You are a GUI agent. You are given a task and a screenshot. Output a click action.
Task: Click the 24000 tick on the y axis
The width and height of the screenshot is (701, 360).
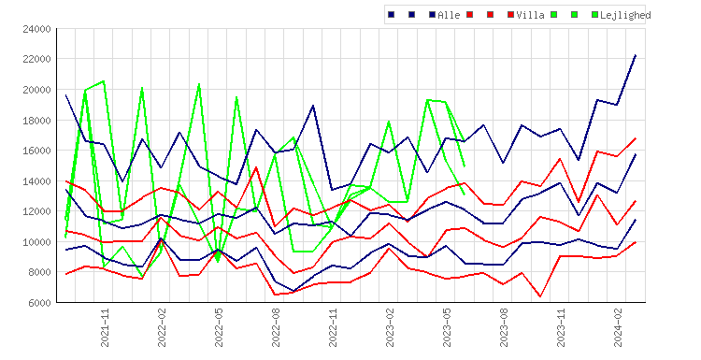(x=36, y=29)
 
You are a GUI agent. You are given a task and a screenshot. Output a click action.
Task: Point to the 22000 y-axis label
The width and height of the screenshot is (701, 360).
(x=36, y=60)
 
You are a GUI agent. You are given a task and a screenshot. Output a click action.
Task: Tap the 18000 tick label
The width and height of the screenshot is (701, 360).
(x=36, y=121)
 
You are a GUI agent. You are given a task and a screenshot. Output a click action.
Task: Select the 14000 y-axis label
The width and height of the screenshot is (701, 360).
(x=36, y=181)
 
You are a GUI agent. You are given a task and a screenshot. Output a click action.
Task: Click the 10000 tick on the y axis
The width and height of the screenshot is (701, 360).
(x=36, y=242)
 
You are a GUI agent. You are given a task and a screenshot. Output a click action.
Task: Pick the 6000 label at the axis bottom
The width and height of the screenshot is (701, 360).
(x=39, y=303)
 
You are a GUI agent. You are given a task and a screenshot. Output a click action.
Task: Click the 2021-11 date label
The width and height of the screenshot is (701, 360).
(x=105, y=328)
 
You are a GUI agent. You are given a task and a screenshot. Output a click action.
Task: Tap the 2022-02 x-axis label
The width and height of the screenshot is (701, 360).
(x=162, y=328)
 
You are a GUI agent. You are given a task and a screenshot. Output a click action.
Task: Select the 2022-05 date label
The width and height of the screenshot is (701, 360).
(x=219, y=328)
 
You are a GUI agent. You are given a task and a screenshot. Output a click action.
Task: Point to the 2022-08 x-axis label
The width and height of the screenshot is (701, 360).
(x=276, y=328)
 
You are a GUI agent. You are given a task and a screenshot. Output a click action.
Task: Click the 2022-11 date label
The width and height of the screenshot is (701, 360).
(x=333, y=328)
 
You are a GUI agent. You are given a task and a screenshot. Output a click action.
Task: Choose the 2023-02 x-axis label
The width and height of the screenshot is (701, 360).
(x=390, y=328)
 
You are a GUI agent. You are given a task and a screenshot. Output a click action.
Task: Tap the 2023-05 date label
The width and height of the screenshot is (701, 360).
(x=447, y=328)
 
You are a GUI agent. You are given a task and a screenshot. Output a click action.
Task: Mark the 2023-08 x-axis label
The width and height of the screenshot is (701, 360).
(x=504, y=328)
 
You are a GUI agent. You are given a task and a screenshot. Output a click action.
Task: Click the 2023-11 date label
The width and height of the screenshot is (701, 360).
(x=561, y=328)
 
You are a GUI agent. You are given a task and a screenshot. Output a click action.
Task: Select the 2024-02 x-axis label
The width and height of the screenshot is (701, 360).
(x=618, y=328)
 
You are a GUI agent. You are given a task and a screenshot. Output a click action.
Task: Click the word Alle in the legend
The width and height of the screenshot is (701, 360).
(x=449, y=15)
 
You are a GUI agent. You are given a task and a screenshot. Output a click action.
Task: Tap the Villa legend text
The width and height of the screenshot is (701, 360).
(x=530, y=15)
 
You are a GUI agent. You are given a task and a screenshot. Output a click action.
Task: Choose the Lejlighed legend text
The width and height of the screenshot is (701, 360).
(x=625, y=16)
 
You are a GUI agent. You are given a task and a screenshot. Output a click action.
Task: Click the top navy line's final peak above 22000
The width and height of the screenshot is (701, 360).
(x=636, y=55)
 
